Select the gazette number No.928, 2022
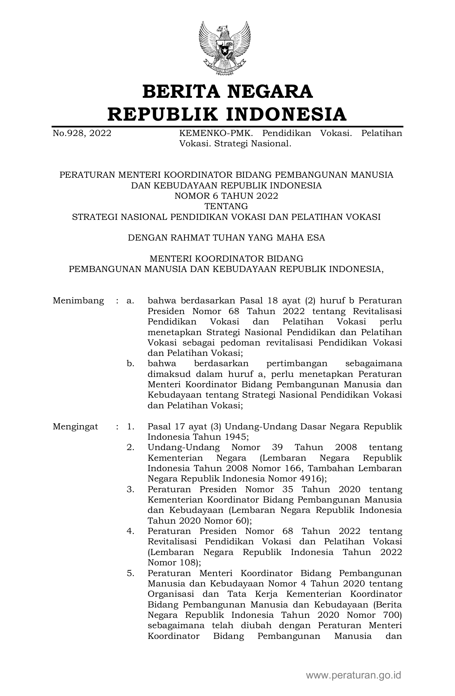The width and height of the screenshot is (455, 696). [82, 133]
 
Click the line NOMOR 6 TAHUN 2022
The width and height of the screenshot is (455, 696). [226, 196]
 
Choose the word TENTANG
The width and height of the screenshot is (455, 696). [226, 206]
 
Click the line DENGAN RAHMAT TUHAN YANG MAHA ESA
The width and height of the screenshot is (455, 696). [226, 238]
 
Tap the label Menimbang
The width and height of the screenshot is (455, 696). [78, 301]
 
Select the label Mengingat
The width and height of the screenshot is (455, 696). [75, 427]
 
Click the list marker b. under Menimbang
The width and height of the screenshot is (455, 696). [130, 364]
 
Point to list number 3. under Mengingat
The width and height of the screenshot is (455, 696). [130, 489]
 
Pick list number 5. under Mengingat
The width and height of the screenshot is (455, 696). [130, 573]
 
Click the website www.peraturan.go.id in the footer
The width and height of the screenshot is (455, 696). [353, 675]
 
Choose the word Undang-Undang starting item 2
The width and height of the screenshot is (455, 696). [183, 448]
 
